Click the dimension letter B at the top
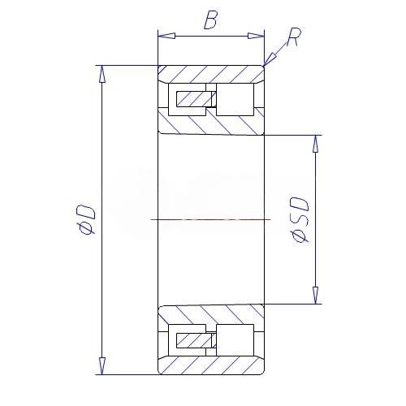(x=210, y=20)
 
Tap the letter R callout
(x=293, y=37)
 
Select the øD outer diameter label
(x=86, y=219)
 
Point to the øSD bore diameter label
(x=300, y=219)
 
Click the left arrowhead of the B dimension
(x=166, y=36)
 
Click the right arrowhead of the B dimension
(x=256, y=36)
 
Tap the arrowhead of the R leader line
(x=270, y=59)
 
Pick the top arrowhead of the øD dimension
(x=101, y=74)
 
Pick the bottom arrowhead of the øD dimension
(x=101, y=366)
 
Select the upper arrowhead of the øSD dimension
(x=315, y=144)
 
